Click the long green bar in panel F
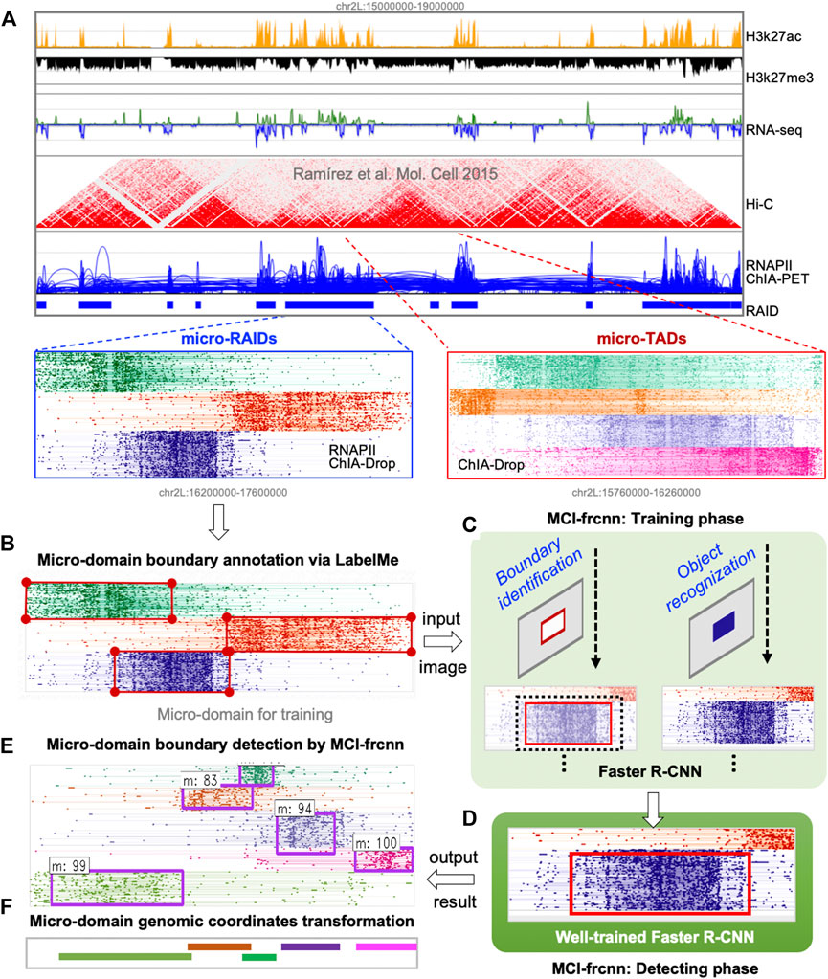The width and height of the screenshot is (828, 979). pyautogui.click(x=117, y=955)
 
